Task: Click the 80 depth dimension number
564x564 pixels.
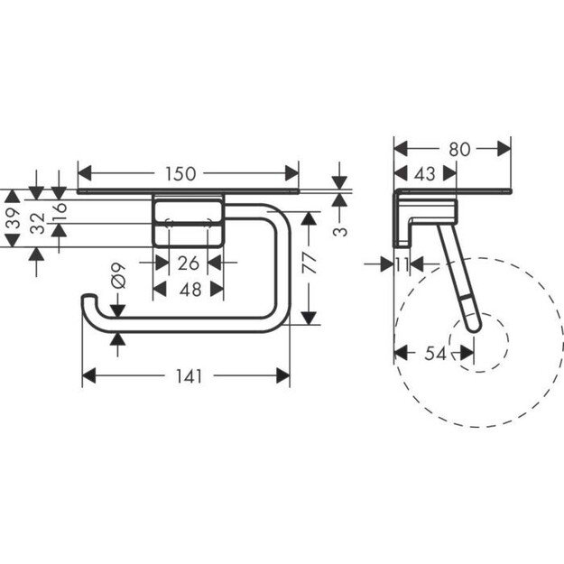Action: pyautogui.click(x=459, y=149)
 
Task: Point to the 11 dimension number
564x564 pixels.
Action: pyautogui.click(x=402, y=264)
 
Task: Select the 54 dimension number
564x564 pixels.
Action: pyautogui.click(x=436, y=354)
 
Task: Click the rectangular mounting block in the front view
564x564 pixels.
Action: pyautogui.click(x=187, y=220)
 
